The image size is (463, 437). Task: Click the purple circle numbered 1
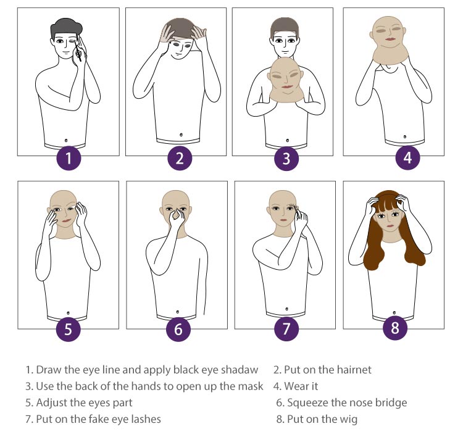pyautogui.click(x=69, y=158)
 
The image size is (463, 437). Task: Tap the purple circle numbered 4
pyautogui.click(x=408, y=157)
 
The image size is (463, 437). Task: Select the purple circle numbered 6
pyautogui.click(x=178, y=329)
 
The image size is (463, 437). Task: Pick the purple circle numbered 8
pyautogui.click(x=395, y=328)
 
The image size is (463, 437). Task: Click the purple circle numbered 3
pyautogui.click(x=286, y=158)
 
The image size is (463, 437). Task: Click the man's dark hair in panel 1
pyautogui.click(x=66, y=27)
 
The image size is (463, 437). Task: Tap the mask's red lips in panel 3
pyautogui.click(x=287, y=86)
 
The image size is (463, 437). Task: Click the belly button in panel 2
pyautogui.click(x=181, y=135)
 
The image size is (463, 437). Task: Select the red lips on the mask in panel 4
pyautogui.click(x=390, y=40)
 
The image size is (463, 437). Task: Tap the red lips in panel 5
pyautogui.click(x=67, y=221)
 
